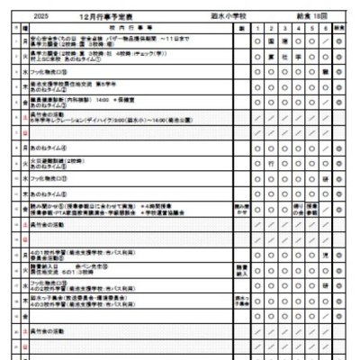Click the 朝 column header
[x=241, y=28]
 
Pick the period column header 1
[x=257, y=28]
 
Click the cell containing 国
[x=272, y=40]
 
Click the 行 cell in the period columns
[x=272, y=165]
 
